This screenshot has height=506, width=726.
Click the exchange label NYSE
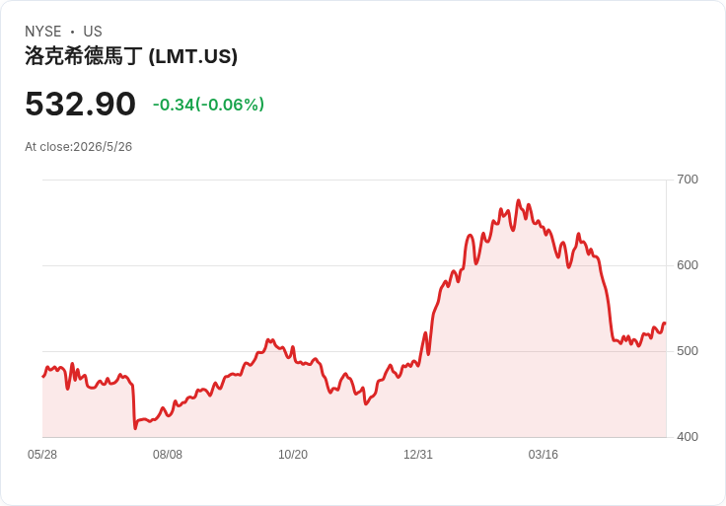tap(43, 32)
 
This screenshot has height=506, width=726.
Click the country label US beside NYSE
tap(93, 32)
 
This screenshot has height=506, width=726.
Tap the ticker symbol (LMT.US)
tap(193, 56)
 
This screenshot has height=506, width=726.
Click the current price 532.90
tap(81, 104)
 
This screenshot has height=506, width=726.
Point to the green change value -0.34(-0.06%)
tap(208, 105)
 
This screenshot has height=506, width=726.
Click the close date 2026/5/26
tap(103, 147)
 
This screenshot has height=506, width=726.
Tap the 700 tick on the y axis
tap(688, 180)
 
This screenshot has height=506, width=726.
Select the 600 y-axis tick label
tap(688, 265)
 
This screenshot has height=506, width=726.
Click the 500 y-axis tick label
tap(688, 351)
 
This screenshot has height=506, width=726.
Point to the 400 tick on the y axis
tap(688, 437)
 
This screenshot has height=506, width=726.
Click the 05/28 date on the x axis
tap(42, 455)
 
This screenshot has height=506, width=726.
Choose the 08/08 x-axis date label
tap(168, 455)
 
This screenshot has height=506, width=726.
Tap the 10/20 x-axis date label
tap(293, 455)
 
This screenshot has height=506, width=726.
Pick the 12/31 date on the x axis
tap(418, 455)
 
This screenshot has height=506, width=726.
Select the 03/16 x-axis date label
tap(544, 455)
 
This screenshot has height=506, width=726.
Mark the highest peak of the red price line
tap(518, 200)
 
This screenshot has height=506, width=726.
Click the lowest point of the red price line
tap(135, 428)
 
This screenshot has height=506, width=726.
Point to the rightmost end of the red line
tap(665, 324)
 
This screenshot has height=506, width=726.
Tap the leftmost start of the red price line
tap(43, 377)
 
